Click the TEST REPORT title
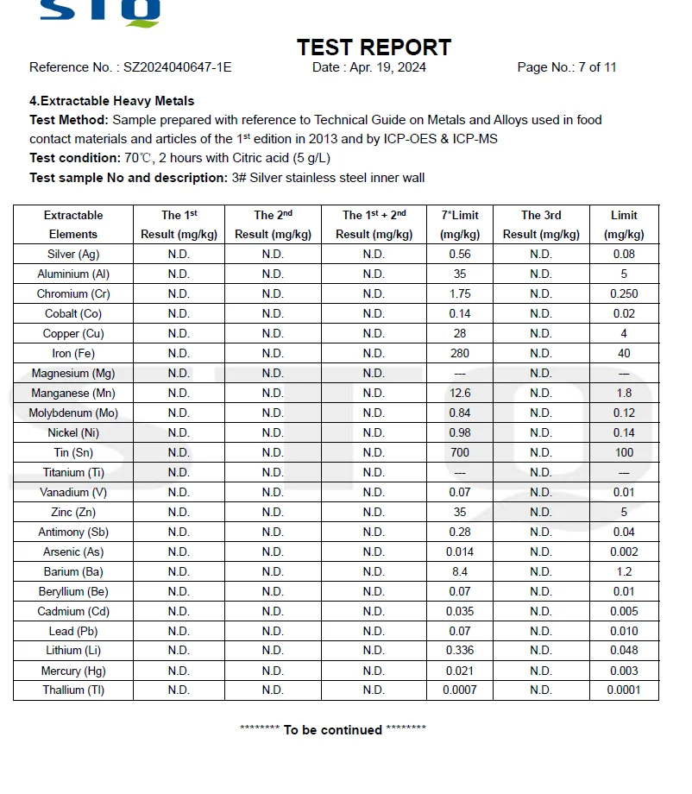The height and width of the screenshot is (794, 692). [x=374, y=47]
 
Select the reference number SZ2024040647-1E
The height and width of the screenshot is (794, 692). [x=177, y=67]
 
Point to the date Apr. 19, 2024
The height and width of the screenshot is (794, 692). [x=387, y=67]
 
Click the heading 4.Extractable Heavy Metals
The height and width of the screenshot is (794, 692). [x=112, y=101]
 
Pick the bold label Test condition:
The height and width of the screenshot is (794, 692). [x=75, y=158]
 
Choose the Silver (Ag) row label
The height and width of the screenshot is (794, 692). [x=73, y=254]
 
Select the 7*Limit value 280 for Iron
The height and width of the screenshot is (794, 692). [x=460, y=353]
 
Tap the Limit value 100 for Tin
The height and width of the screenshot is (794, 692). [x=624, y=452]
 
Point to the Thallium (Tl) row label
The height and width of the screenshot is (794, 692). [x=73, y=690]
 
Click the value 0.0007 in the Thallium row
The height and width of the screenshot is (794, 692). [x=460, y=690]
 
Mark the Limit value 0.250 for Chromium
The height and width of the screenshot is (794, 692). [x=624, y=293]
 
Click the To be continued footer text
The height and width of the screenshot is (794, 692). [x=333, y=730]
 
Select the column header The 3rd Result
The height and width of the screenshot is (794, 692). [x=540, y=224]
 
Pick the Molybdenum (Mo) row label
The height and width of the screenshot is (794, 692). [x=73, y=413]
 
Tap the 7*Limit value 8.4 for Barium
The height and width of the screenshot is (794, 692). [x=460, y=571]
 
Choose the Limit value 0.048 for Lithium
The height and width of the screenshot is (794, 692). [x=624, y=650]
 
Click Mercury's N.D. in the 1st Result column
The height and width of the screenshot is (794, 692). [x=179, y=671]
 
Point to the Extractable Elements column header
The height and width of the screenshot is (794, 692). [x=73, y=224]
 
